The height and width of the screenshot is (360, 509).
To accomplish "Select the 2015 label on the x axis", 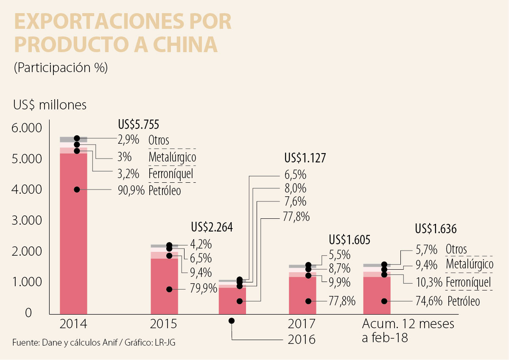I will [x=164, y=324].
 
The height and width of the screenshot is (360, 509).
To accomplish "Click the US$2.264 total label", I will [x=212, y=227].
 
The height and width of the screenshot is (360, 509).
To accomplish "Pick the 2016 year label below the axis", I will [x=302, y=339].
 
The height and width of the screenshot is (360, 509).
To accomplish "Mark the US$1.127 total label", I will [x=305, y=159].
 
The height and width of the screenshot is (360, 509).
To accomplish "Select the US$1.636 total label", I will [x=436, y=229].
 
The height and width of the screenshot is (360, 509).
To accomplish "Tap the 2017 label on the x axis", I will [x=302, y=324].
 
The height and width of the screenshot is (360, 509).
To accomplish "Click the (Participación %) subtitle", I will [x=61, y=68].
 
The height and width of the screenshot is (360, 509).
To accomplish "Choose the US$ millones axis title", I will [x=50, y=105].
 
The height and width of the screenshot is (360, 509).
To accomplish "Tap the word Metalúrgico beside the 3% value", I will [x=172, y=158].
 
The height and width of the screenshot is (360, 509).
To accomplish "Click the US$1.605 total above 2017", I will [x=350, y=240].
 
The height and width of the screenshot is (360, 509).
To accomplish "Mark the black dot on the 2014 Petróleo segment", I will [x=77, y=190].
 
